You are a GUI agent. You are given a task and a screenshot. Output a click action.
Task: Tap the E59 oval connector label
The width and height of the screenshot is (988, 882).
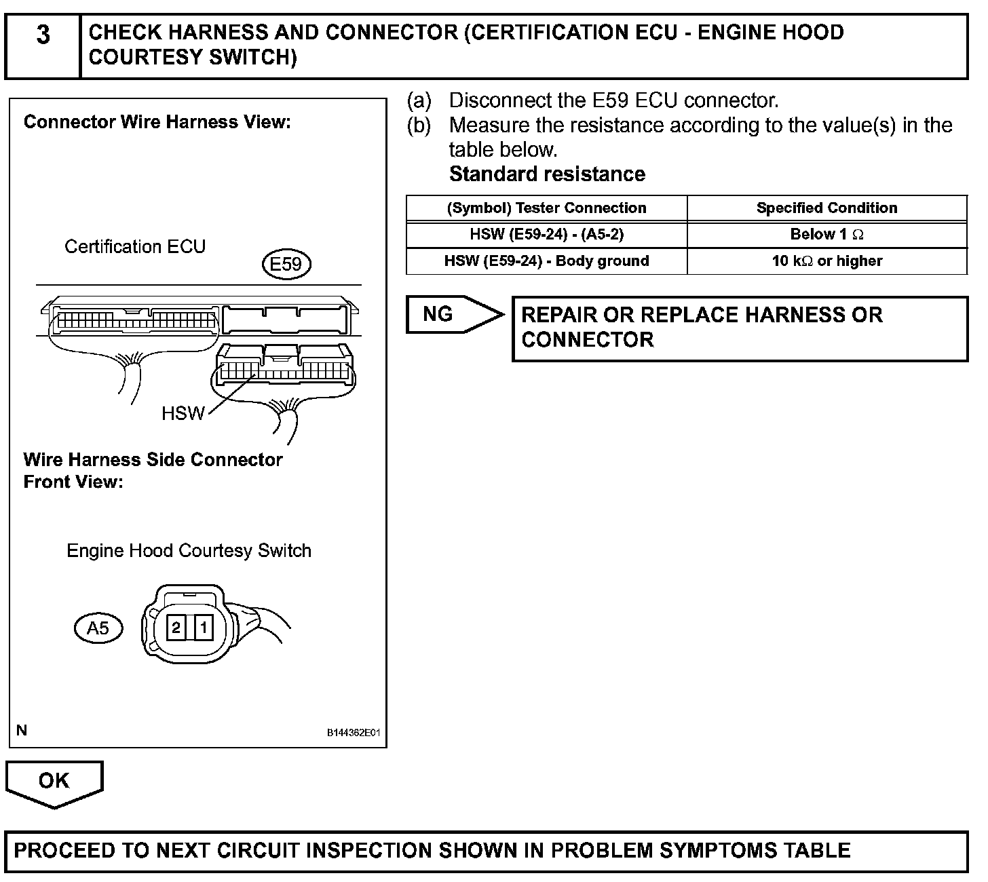286,264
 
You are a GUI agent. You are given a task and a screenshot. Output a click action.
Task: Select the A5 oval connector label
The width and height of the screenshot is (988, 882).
98,628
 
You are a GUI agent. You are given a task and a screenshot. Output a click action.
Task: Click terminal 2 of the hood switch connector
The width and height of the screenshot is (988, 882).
176,628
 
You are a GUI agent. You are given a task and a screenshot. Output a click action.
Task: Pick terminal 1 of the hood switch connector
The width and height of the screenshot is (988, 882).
202,628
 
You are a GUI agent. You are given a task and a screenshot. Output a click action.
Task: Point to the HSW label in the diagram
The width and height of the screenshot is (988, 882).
183,413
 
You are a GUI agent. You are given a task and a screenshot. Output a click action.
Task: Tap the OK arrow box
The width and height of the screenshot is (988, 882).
54,781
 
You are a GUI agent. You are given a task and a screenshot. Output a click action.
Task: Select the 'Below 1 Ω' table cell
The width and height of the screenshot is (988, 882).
826,235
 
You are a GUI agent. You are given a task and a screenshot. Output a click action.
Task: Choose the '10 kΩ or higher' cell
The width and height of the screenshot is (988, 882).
826,261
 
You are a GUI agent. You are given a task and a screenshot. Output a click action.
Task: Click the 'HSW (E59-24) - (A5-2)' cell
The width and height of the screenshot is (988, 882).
546,235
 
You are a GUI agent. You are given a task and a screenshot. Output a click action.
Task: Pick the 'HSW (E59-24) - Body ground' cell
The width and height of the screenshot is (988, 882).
546,261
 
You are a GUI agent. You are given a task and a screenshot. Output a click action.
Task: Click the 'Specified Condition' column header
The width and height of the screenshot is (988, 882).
826,208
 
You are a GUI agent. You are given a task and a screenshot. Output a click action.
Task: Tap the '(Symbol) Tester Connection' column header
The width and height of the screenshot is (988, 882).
546,208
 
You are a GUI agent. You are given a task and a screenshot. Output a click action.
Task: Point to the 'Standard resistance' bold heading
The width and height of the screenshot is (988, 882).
547,174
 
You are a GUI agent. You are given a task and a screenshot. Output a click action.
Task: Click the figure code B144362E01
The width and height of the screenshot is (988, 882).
354,733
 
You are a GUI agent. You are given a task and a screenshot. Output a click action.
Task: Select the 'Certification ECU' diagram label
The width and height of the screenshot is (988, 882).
135,246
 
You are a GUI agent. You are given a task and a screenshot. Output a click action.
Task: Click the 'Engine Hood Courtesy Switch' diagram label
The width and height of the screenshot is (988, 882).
189,550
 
